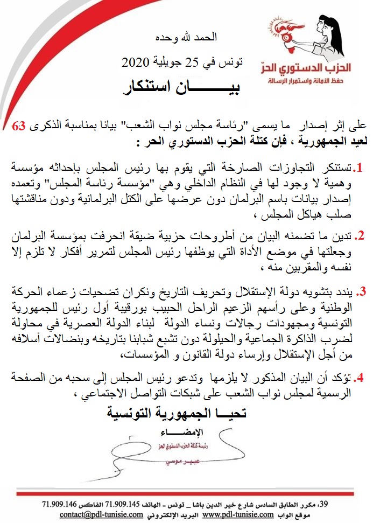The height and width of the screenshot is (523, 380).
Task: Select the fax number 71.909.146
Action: coord(61,504)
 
